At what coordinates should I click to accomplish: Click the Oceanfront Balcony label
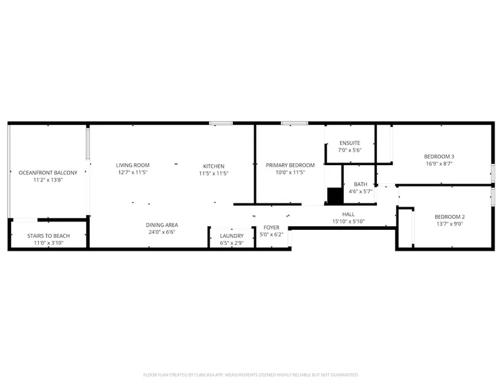click(x=48, y=173)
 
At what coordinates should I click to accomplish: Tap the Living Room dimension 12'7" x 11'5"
click(x=133, y=172)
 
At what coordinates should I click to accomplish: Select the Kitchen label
click(x=213, y=166)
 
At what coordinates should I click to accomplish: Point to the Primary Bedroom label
click(x=290, y=165)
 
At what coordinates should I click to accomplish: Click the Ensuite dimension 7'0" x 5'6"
click(x=350, y=150)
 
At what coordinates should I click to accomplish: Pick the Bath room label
click(x=361, y=184)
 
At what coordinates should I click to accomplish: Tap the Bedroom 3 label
click(x=439, y=157)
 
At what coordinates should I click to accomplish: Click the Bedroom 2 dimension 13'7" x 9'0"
click(x=450, y=224)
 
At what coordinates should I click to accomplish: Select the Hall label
click(x=348, y=214)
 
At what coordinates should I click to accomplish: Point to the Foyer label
click(x=272, y=227)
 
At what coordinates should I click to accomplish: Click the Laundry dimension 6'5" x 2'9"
click(x=231, y=243)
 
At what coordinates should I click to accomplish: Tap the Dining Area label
click(x=162, y=225)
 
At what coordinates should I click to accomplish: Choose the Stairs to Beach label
click(x=48, y=236)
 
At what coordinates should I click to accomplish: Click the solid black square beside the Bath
click(x=335, y=196)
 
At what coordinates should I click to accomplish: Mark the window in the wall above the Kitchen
click(x=221, y=123)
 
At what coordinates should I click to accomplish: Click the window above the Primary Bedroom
click(x=294, y=123)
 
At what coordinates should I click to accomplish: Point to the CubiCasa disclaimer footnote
click(x=251, y=375)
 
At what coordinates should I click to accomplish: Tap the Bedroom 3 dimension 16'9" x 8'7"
click(x=439, y=164)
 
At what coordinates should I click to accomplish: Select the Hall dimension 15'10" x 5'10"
click(x=348, y=222)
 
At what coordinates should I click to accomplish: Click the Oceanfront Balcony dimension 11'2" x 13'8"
click(x=48, y=180)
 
